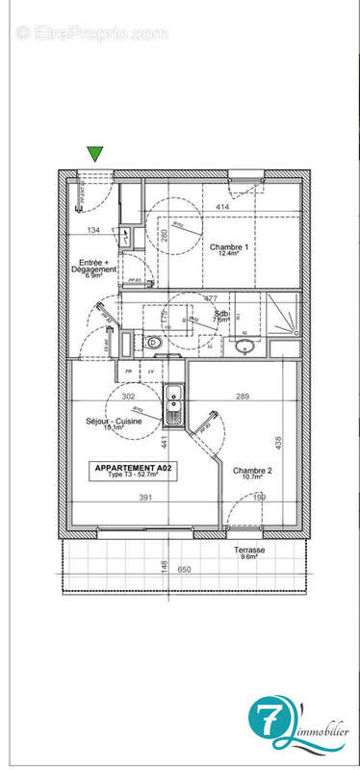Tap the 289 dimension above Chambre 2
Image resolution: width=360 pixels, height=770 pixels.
(x=243, y=396)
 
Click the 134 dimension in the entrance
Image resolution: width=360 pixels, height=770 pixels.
(x=93, y=231)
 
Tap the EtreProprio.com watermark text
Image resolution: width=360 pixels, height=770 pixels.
(x=92, y=33)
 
